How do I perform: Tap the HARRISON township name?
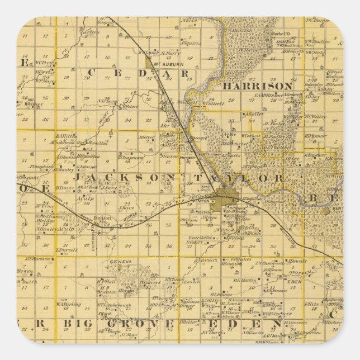point(257,87)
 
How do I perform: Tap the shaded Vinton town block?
point(226,196)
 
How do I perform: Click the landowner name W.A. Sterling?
point(69,305)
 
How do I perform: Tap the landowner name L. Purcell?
point(67,250)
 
